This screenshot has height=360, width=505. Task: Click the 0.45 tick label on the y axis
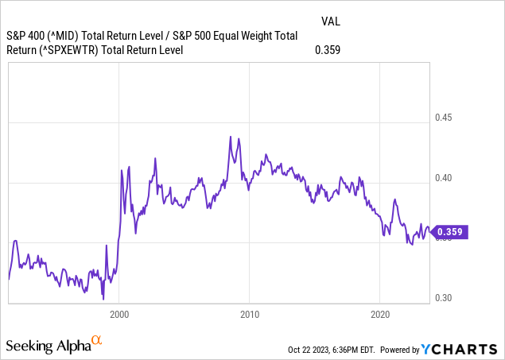point(443,118)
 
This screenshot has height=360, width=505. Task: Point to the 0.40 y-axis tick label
point(443,178)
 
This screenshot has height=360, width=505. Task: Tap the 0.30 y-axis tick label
point(443,298)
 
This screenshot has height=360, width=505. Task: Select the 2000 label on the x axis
point(120,314)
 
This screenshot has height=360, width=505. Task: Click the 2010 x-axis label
point(250,314)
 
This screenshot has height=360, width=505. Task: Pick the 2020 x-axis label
point(379,314)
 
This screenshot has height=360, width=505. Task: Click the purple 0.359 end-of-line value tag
point(450,233)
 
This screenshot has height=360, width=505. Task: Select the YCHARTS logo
point(460,349)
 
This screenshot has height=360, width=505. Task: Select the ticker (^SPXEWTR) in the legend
point(82,50)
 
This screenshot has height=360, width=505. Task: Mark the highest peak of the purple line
point(230,137)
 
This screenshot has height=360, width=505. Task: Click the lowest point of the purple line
point(103,298)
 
